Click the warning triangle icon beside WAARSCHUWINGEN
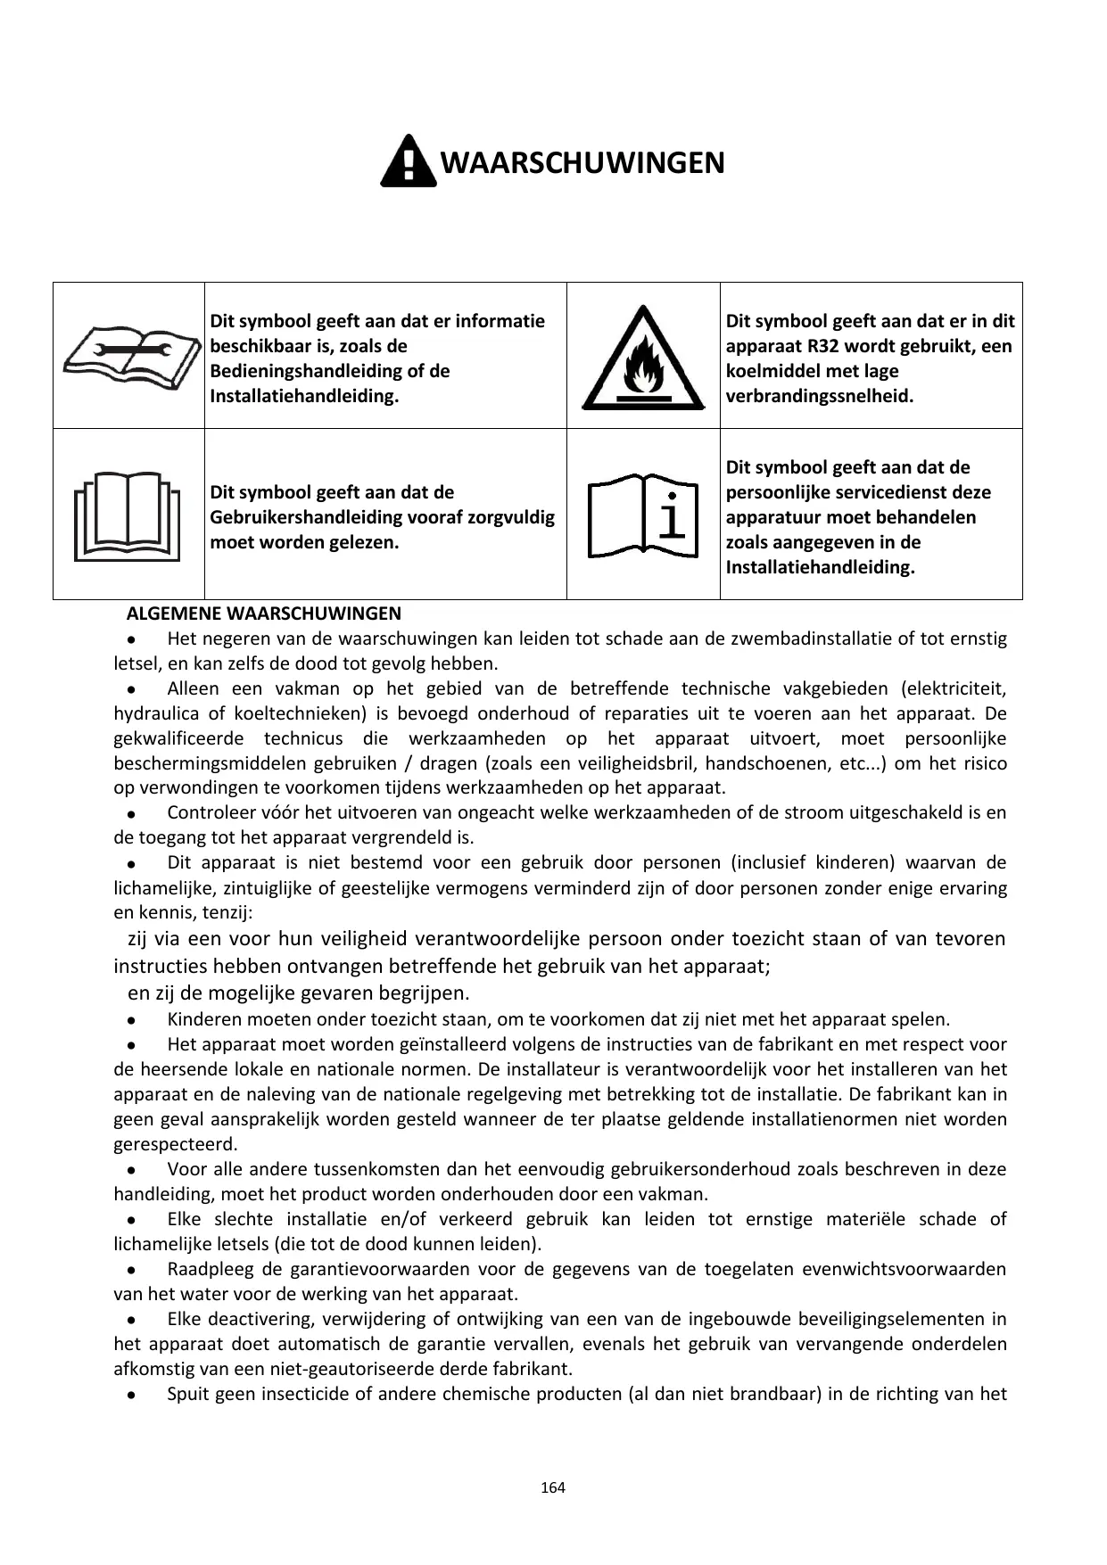pos(408,161)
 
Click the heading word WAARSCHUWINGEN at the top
pos(582,163)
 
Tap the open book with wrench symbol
pos(129,356)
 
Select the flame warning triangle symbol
pos(641,358)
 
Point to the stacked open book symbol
pos(128,517)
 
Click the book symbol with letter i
pos(641,517)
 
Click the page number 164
pos(553,1487)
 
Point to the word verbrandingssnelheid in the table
pos(819,396)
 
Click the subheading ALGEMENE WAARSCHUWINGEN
pos(264,614)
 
